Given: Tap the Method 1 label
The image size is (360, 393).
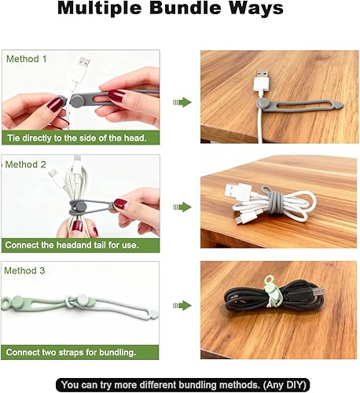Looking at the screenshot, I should tap(27, 60).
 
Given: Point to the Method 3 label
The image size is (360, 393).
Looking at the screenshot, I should tap(27, 270).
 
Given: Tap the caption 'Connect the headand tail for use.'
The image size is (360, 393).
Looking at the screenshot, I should tap(72, 244).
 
